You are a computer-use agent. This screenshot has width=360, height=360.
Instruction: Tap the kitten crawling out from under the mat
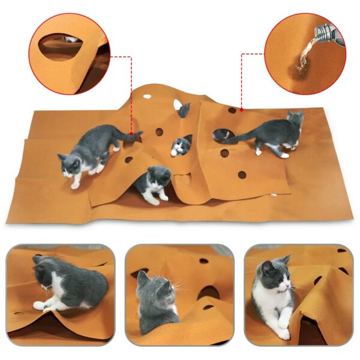[x=154, y=183]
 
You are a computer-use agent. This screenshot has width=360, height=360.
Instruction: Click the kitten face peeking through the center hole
[x=179, y=146]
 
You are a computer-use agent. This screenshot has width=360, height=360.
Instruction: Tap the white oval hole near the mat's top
[x=147, y=95]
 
